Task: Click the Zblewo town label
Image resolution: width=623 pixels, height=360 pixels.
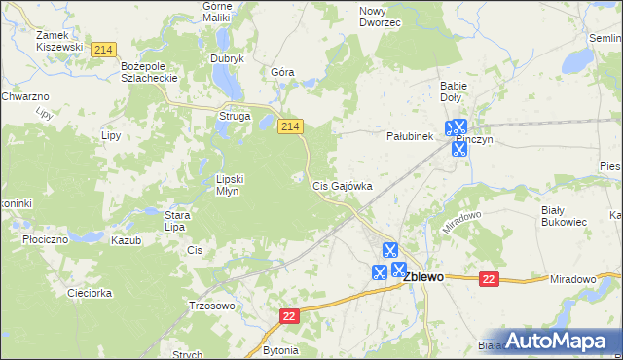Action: pos(423,277)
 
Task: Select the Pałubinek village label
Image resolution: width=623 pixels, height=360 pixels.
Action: pos(409,137)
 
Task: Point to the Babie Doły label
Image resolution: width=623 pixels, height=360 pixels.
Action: pos(454,91)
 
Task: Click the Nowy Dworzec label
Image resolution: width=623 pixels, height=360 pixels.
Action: pos(380,17)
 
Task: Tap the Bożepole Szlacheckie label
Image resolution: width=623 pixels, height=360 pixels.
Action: pos(146,71)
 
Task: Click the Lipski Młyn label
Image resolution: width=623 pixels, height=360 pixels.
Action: pos(235,185)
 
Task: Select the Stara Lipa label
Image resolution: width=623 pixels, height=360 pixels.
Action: pos(175,221)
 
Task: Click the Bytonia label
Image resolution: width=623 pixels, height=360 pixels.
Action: pos(280,349)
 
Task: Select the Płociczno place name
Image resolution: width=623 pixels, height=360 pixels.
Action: pos(46,239)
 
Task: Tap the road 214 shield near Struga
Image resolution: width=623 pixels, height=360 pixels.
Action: pos(291,127)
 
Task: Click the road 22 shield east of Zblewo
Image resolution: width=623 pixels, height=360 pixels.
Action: pos(489,279)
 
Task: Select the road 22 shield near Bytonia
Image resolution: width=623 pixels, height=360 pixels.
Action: pos(289,317)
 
